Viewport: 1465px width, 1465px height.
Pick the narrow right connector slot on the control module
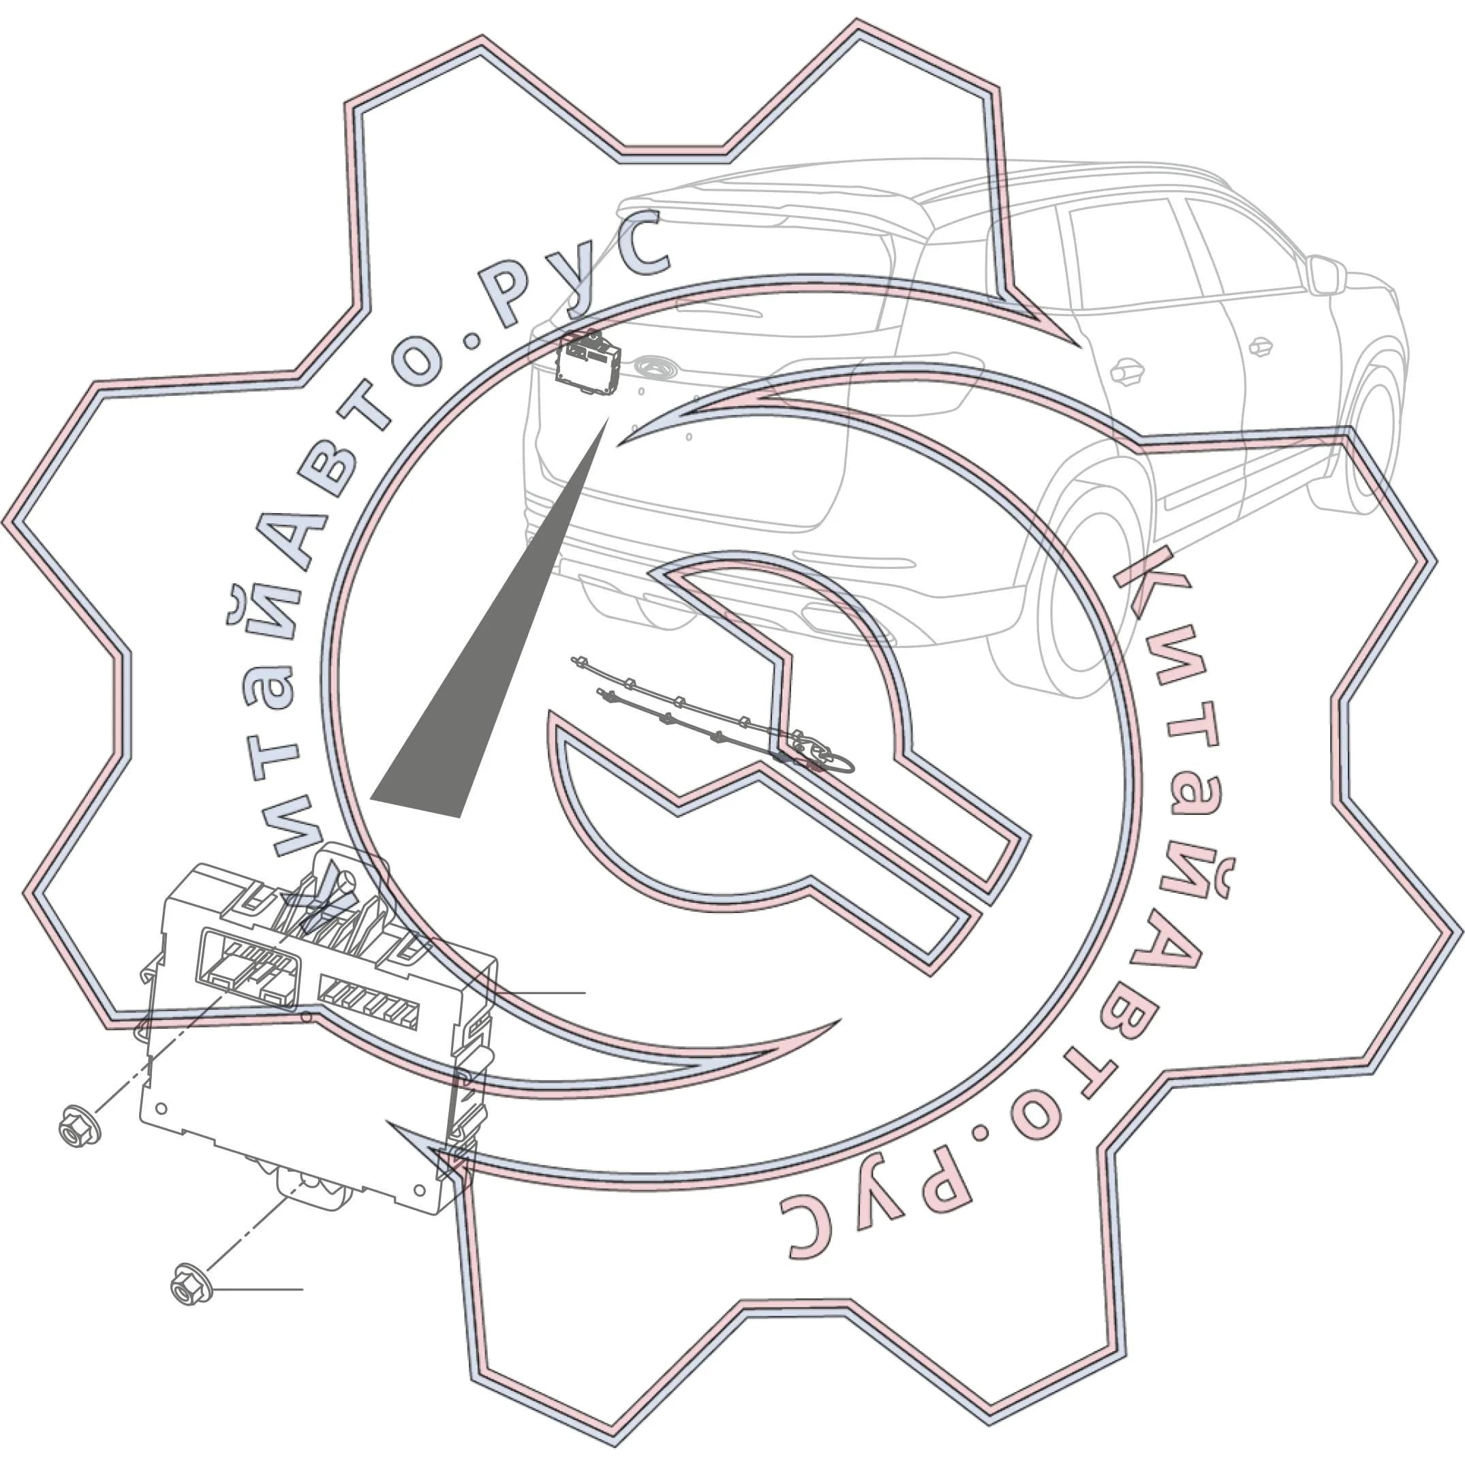pyautogui.click(x=368, y=1001)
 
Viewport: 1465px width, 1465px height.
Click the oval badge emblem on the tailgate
pyautogui.click(x=653, y=367)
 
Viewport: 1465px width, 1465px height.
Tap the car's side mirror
pyautogui.click(x=1324, y=275)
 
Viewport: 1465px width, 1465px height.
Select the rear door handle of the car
pyautogui.click(x=1127, y=371)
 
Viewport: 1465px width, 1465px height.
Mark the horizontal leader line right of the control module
pyautogui.click(x=540, y=993)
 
